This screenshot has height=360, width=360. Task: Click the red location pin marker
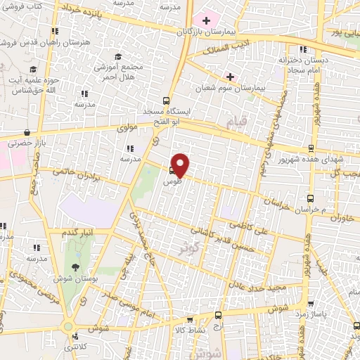coord(181,165)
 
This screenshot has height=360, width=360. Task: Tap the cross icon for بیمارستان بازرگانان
coord(206,20)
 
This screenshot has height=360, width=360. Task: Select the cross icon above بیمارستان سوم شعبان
coord(230,76)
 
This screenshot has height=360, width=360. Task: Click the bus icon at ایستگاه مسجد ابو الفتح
coord(166,101)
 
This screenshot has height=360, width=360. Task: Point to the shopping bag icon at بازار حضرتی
coord(27,132)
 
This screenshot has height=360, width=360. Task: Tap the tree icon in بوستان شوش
coord(75,266)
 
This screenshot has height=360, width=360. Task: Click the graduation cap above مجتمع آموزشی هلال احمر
coord(118,56)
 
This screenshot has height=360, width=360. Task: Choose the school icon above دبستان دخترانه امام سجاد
coord(303,49)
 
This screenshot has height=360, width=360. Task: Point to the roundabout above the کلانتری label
coord(68,326)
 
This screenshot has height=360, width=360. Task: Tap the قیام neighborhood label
coord(238,124)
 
